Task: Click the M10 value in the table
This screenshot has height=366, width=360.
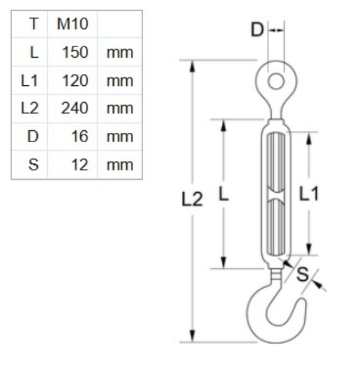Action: (x=72, y=24)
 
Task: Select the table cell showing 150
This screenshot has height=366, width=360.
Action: (x=75, y=52)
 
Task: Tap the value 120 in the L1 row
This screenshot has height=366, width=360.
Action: (x=75, y=80)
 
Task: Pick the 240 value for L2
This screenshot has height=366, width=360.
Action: (x=75, y=108)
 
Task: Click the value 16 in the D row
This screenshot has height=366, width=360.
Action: (x=79, y=137)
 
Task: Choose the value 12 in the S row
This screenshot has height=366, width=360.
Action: (x=79, y=165)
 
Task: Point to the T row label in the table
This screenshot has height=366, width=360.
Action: (x=33, y=24)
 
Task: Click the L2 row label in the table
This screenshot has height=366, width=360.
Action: (x=30, y=108)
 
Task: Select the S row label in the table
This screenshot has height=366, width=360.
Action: (x=32, y=165)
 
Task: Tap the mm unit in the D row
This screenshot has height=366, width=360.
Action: (x=119, y=137)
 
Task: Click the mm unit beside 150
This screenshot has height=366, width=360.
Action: (x=119, y=52)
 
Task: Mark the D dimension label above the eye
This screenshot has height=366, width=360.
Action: (x=257, y=30)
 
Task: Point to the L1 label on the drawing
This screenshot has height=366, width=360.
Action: (x=308, y=194)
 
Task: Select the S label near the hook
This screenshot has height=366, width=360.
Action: (x=302, y=274)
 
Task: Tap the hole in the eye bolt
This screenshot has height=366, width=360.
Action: (x=276, y=81)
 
